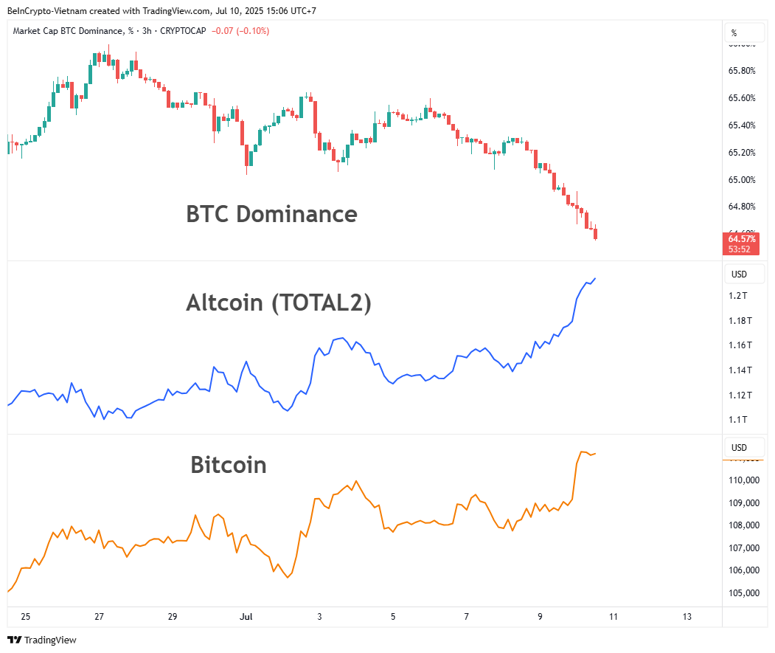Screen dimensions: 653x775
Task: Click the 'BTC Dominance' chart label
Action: click(271, 214)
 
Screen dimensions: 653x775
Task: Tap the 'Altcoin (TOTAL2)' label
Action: click(279, 303)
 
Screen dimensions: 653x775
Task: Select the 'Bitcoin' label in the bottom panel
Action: click(228, 465)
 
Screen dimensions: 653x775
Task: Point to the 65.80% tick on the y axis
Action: click(742, 71)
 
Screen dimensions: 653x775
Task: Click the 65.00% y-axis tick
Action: click(742, 179)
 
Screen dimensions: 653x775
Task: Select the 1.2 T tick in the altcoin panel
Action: click(739, 296)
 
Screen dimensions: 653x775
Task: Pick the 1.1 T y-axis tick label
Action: click(739, 420)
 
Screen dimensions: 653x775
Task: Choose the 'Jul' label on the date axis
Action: click(246, 616)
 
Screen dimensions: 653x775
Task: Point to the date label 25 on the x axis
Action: click(26, 616)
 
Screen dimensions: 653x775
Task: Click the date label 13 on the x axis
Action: click(687, 616)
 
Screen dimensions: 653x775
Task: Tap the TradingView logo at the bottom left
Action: click(42, 640)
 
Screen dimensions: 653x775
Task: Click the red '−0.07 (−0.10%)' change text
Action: click(240, 31)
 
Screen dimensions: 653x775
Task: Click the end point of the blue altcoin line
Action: click(595, 278)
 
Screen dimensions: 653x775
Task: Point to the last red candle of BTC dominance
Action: click(595, 235)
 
